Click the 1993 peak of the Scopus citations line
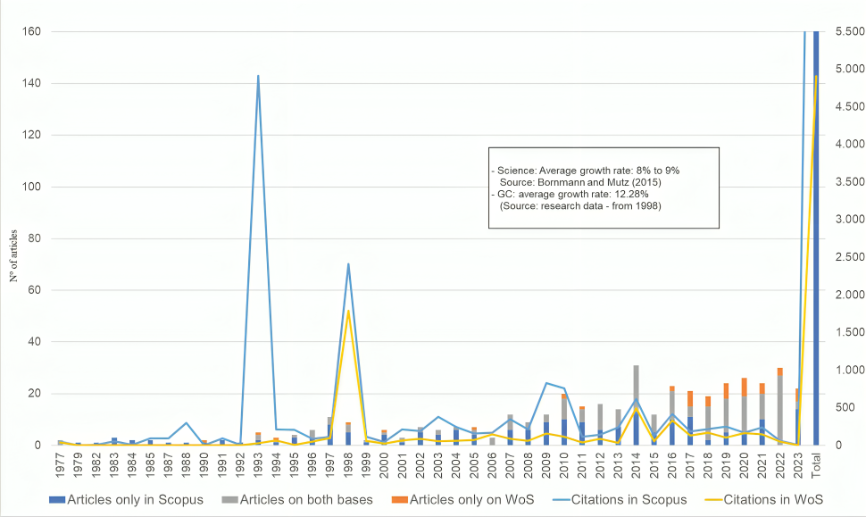pyautogui.click(x=258, y=76)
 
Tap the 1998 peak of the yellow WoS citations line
pyautogui.click(x=347, y=311)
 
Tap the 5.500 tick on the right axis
pyautogui.click(x=842, y=32)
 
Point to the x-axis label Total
pyautogui.click(x=815, y=463)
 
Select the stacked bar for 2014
pyautogui.click(x=636, y=405)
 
